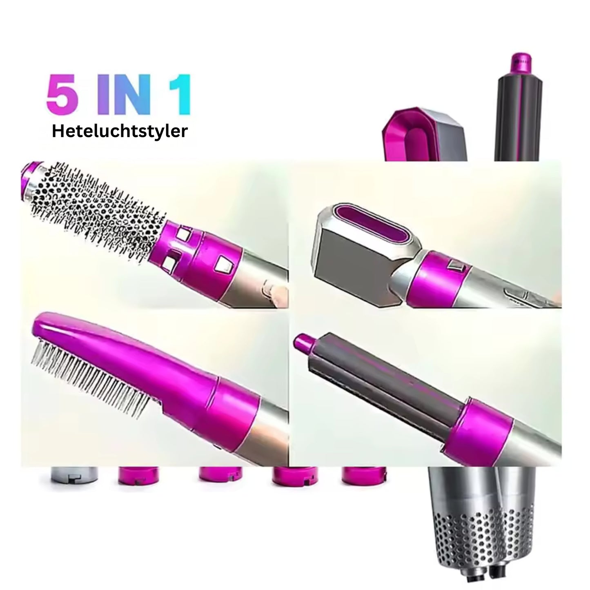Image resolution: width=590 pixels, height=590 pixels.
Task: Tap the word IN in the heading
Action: (x=124, y=94)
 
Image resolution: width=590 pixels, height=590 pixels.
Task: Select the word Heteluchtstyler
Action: (x=120, y=131)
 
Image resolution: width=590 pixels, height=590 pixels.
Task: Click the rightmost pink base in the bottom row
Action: (x=364, y=476)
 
